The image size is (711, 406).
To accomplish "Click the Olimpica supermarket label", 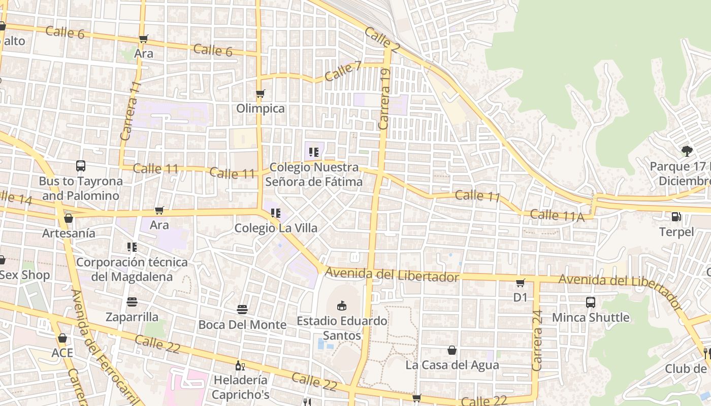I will pyautogui.click(x=261, y=109).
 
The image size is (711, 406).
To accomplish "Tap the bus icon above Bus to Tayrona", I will pyautogui.click(x=80, y=165).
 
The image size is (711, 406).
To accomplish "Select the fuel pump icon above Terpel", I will pyautogui.click(x=676, y=217).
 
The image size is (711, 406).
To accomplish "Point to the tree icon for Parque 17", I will pyautogui.click(x=687, y=151).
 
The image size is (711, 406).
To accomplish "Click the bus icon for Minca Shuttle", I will pyautogui.click(x=591, y=302).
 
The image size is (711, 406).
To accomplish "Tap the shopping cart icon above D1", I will pyautogui.click(x=521, y=283).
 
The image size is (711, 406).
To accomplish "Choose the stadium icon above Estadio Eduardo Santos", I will pyautogui.click(x=342, y=305).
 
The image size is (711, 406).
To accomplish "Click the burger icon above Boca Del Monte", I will pyautogui.click(x=242, y=309).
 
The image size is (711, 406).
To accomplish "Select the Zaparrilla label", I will pyautogui.click(x=132, y=317).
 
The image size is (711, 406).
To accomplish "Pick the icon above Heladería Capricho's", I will pyautogui.click(x=240, y=365).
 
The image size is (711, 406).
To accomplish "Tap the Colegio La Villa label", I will pyautogui.click(x=276, y=228).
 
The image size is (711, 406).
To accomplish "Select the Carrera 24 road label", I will pyautogui.click(x=537, y=340).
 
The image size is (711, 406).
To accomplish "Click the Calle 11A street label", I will pyautogui.click(x=557, y=215).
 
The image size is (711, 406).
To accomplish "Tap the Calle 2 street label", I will pyautogui.click(x=382, y=40).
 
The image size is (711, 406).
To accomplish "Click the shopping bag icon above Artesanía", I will pyautogui.click(x=69, y=218).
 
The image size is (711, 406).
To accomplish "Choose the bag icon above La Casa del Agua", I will pyautogui.click(x=451, y=350).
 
